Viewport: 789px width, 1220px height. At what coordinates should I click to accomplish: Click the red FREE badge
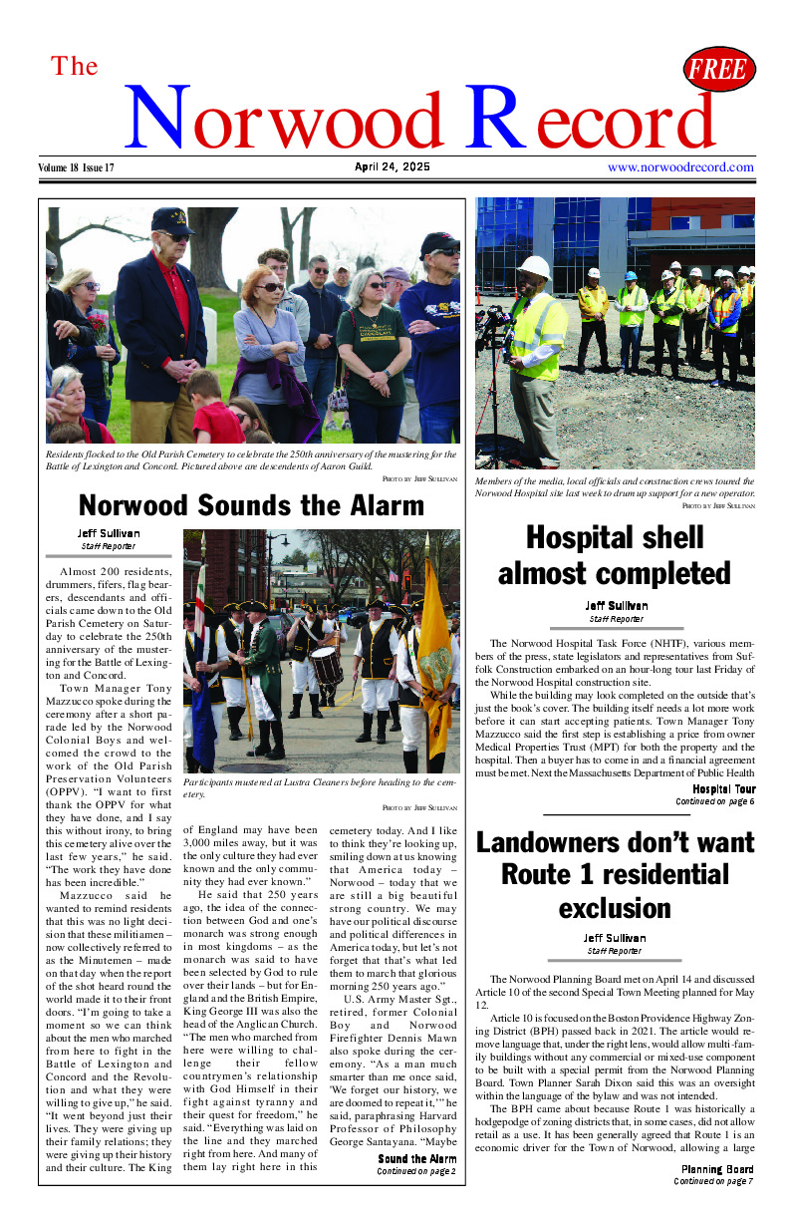tap(718, 70)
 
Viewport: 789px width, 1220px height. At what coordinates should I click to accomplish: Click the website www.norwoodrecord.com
tap(680, 167)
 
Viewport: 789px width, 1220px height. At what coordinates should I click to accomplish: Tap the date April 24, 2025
tap(393, 167)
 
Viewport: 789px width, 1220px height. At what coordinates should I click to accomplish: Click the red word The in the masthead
tap(75, 67)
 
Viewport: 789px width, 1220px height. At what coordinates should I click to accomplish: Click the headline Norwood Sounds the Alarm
tap(251, 505)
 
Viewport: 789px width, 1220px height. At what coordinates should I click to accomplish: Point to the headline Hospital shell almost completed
tap(615, 555)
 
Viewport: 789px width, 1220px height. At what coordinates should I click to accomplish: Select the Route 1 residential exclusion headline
tap(615, 875)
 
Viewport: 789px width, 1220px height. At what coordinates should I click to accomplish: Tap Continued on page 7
tap(714, 1181)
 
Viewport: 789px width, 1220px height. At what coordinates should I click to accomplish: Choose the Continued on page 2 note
tap(416, 1171)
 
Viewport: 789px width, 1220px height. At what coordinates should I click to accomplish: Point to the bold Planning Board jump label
tap(717, 1169)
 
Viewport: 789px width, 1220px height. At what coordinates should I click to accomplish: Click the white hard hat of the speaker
tap(535, 268)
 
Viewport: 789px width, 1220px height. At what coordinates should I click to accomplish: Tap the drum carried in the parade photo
tap(326, 666)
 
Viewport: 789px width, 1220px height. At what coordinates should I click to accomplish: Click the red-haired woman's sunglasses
tap(270, 287)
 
